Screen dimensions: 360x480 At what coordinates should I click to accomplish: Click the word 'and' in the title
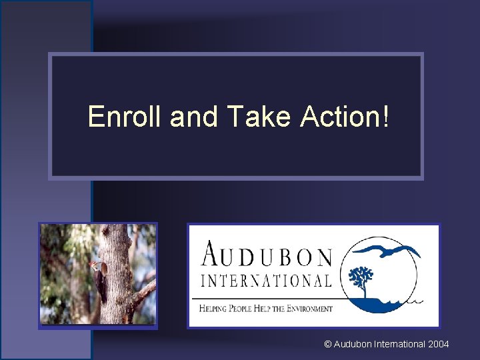(x=195, y=117)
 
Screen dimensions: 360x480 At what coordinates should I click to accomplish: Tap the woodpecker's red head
(x=93, y=266)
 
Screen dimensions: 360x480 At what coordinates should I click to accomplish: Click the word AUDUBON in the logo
(x=267, y=255)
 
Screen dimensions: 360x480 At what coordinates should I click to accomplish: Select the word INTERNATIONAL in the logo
(x=267, y=280)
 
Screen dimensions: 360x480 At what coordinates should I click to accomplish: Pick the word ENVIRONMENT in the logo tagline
(x=305, y=309)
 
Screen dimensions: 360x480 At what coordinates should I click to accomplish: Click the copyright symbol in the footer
(x=327, y=344)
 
